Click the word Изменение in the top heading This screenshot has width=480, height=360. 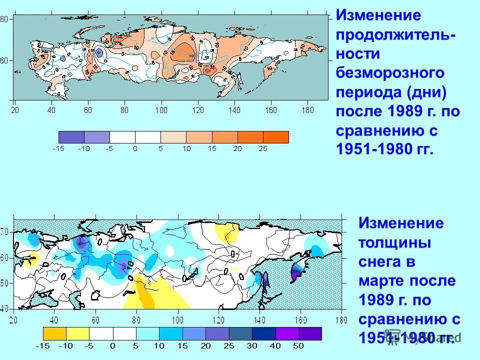click(378, 15)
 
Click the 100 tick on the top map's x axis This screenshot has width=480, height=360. click(161, 109)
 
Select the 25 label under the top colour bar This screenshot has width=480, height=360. click(263, 148)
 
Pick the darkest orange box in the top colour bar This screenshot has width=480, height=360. click(276, 137)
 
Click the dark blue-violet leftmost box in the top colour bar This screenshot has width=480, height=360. click(71, 137)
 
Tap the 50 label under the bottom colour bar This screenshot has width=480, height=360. click(298, 345)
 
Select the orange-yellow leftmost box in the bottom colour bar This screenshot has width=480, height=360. click(55, 333)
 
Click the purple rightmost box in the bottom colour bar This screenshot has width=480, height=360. click(310, 333)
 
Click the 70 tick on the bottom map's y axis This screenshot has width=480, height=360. click(4, 232)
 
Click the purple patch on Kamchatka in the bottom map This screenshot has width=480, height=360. click(297, 272)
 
